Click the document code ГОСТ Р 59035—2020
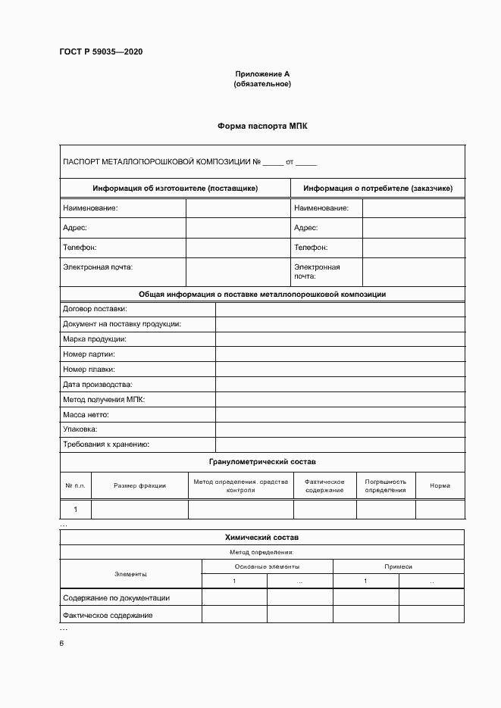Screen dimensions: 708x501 (x=101, y=52)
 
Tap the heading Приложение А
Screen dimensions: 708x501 (x=261, y=74)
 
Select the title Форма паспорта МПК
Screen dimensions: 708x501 (x=262, y=126)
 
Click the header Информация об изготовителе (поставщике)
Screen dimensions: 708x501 (x=175, y=188)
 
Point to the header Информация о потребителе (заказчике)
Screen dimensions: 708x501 (x=377, y=188)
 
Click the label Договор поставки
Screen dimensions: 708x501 (x=95, y=309)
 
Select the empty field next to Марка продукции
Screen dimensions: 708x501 (x=340, y=339)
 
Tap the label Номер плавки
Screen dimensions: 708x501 (x=89, y=370)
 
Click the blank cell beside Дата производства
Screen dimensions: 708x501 (x=340, y=385)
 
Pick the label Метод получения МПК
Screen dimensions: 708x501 (x=104, y=399)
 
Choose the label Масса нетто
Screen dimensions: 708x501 (x=86, y=414)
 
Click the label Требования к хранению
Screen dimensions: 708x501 (x=106, y=444)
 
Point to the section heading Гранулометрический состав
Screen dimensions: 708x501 (x=262, y=461)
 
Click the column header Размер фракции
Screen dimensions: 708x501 (x=139, y=485)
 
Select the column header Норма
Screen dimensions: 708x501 (x=440, y=485)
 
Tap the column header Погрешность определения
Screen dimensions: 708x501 (x=385, y=485)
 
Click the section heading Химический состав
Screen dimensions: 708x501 (x=262, y=537)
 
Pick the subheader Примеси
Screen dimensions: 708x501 (x=399, y=566)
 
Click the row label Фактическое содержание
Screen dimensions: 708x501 (x=108, y=616)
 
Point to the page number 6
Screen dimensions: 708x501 (x=62, y=643)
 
